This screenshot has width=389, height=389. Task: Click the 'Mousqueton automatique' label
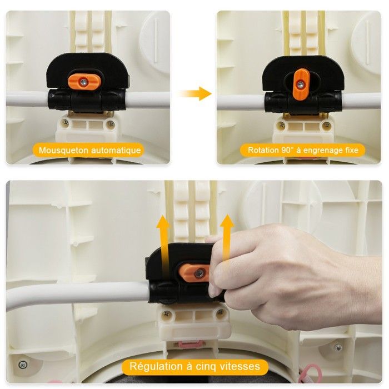(89, 150)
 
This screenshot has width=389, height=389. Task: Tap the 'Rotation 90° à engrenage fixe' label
(302, 150)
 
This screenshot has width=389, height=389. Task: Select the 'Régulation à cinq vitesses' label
(194, 366)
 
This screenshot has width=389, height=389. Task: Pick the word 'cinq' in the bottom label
(216, 366)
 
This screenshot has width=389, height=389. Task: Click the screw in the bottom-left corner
(23, 365)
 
